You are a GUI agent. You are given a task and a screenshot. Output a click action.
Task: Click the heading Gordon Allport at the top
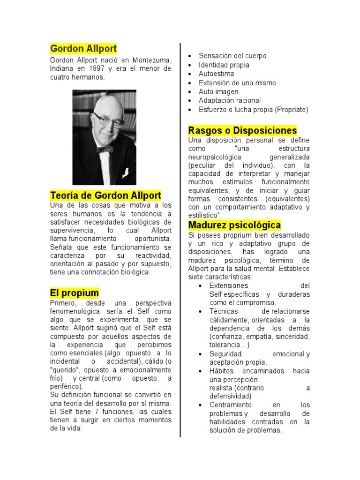coord(83,49)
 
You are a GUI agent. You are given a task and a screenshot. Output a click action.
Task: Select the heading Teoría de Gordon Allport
coord(105,195)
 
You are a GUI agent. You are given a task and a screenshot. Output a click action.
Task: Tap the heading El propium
coord(75,293)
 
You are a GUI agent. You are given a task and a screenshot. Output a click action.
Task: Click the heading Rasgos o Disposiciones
coord(242,130)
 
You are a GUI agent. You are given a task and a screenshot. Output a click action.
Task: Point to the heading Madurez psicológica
coord(234,225)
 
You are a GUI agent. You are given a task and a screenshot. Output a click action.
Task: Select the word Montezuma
coord(151,60)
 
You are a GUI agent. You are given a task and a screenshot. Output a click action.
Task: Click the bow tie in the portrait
coord(105,149)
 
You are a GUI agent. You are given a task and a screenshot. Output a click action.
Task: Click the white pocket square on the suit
coord(126,172)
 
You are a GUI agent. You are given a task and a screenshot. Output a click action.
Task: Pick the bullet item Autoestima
coord(216,74)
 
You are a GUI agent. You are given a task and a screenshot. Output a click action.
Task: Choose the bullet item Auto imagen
coord(218,91)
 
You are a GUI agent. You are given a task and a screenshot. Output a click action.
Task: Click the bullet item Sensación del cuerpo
coord(232,56)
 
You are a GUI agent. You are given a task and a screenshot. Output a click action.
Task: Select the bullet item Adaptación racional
coord(230,100)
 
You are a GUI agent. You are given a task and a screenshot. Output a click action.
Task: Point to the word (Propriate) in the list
coord(292,109)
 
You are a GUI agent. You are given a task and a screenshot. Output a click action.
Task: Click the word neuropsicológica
coord(215,157)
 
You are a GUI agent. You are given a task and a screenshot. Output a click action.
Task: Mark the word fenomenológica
coord(75,311)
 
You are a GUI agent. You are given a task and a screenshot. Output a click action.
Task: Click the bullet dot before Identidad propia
coord(189,65)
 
